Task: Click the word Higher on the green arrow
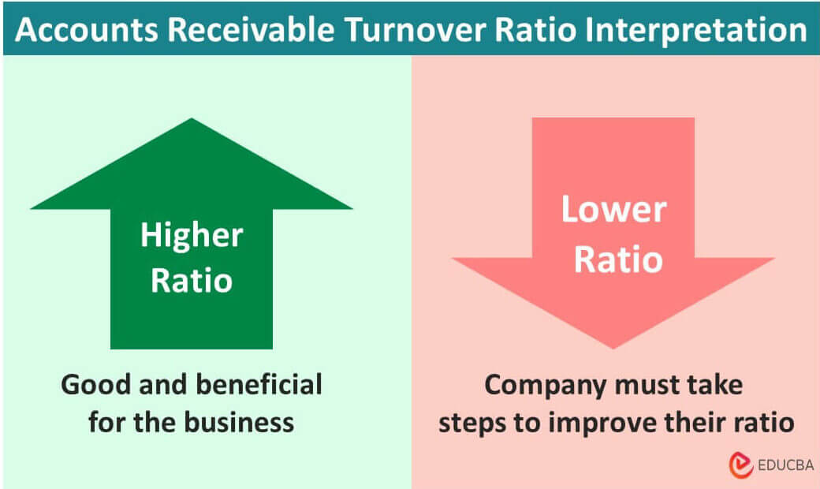192,236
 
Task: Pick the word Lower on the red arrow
613,211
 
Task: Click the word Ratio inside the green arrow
192,280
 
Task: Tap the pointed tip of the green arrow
192,121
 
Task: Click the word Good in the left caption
94,385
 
